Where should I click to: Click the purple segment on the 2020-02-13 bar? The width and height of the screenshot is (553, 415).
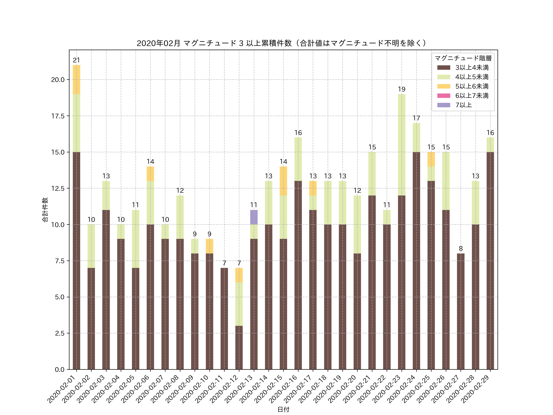click(254, 217)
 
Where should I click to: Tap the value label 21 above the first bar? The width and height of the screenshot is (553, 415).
click(76, 60)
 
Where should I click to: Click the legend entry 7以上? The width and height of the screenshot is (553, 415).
click(463, 105)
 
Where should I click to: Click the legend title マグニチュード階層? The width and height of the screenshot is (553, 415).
click(463, 58)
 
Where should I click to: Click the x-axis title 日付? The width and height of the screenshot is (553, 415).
click(283, 409)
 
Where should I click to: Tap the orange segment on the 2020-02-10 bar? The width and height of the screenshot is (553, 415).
click(210, 246)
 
